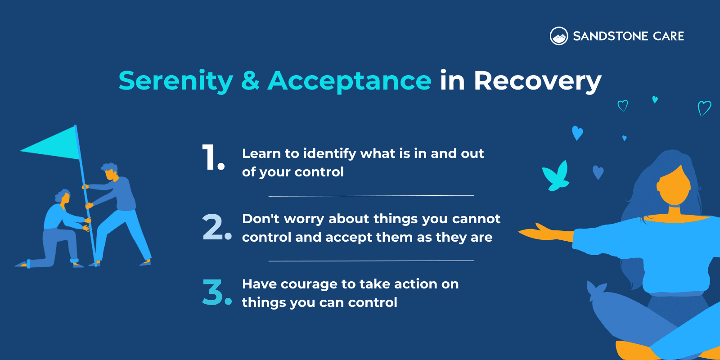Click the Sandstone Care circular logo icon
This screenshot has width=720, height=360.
click(x=559, y=36)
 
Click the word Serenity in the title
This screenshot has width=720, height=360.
click(x=175, y=81)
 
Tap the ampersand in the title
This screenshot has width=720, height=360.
click(x=250, y=81)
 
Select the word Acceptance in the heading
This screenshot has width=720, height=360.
click(x=350, y=81)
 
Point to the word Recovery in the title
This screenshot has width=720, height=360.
click(x=537, y=81)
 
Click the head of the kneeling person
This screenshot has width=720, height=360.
click(x=64, y=196)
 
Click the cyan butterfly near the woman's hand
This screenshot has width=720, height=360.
click(x=557, y=176)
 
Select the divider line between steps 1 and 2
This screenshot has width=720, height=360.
click(x=371, y=196)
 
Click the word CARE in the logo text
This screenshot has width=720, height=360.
click(x=668, y=36)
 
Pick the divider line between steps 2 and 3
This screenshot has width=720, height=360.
click(x=371, y=261)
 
